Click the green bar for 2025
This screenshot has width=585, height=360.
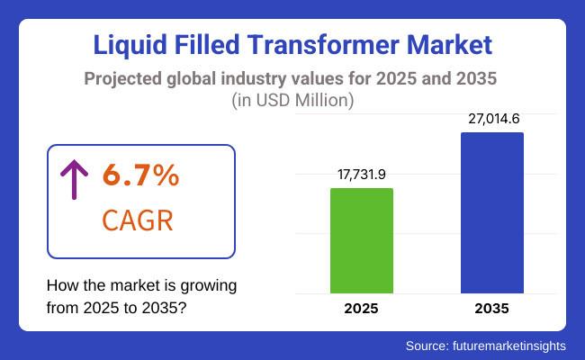tap(362, 240)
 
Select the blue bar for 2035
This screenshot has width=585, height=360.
tap(491, 213)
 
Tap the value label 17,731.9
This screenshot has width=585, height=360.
tap(362, 175)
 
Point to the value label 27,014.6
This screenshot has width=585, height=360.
tap(491, 119)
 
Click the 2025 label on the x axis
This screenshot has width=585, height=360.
tap(362, 309)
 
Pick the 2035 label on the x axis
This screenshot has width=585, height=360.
tap(491, 309)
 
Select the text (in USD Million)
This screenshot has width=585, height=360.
tap(292, 101)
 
